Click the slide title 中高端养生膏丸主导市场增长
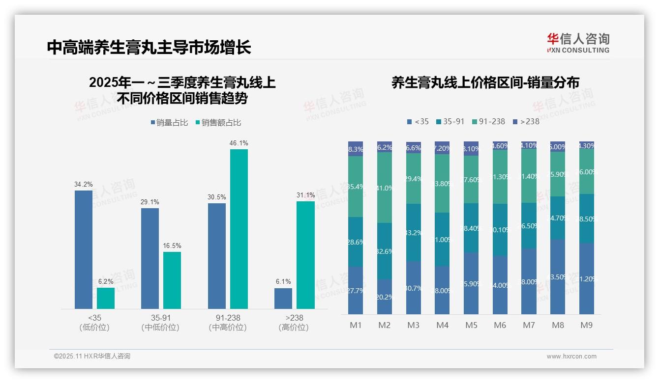click(149, 47)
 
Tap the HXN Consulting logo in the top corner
click(578, 43)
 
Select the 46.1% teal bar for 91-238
click(239, 229)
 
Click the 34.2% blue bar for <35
click(84, 249)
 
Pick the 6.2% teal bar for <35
click(106, 298)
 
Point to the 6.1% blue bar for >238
click(283, 298)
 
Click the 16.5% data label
click(172, 246)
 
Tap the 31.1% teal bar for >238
click(305, 255)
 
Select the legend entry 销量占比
click(170, 123)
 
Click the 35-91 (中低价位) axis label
click(160, 323)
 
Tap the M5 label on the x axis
click(471, 325)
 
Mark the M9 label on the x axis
click(587, 325)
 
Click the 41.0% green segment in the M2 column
click(385, 188)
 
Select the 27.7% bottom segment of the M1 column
click(356, 290)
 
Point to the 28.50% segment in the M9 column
click(587, 219)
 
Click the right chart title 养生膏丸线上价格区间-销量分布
click(485, 82)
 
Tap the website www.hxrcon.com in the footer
click(571, 356)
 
